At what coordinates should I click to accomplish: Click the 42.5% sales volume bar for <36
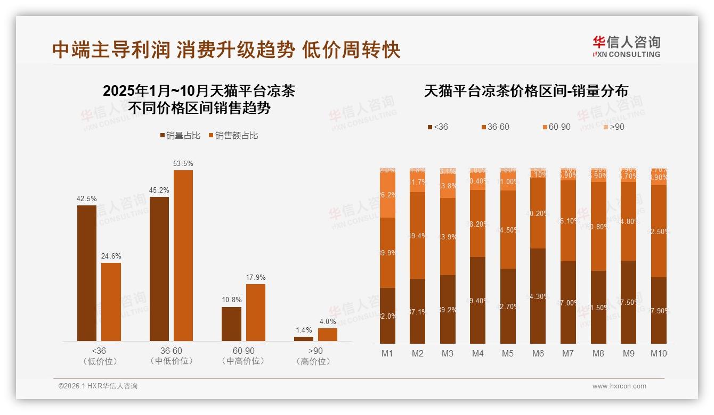tap(87, 273)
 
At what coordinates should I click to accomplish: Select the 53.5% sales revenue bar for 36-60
tap(183, 255)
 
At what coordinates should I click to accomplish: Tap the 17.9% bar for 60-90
tap(255, 312)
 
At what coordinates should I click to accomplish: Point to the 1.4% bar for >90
tap(304, 339)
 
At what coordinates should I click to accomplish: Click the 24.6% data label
tap(111, 256)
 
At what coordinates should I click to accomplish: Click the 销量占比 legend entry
tap(181, 136)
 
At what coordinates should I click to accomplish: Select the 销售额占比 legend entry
tap(233, 136)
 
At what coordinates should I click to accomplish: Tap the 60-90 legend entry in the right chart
tap(556, 127)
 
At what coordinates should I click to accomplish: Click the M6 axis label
tap(538, 353)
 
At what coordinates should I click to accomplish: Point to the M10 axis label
tap(659, 353)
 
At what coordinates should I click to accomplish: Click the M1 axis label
tap(387, 353)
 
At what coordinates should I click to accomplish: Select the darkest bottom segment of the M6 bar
tap(538, 296)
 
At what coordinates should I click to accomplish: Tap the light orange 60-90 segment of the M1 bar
tap(387, 195)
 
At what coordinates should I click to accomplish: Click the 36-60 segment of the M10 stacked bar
tap(659, 231)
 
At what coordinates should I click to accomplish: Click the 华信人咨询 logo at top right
tap(626, 46)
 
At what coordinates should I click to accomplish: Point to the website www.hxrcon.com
tap(619, 386)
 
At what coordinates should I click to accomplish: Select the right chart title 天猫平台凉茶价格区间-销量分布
tap(526, 91)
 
